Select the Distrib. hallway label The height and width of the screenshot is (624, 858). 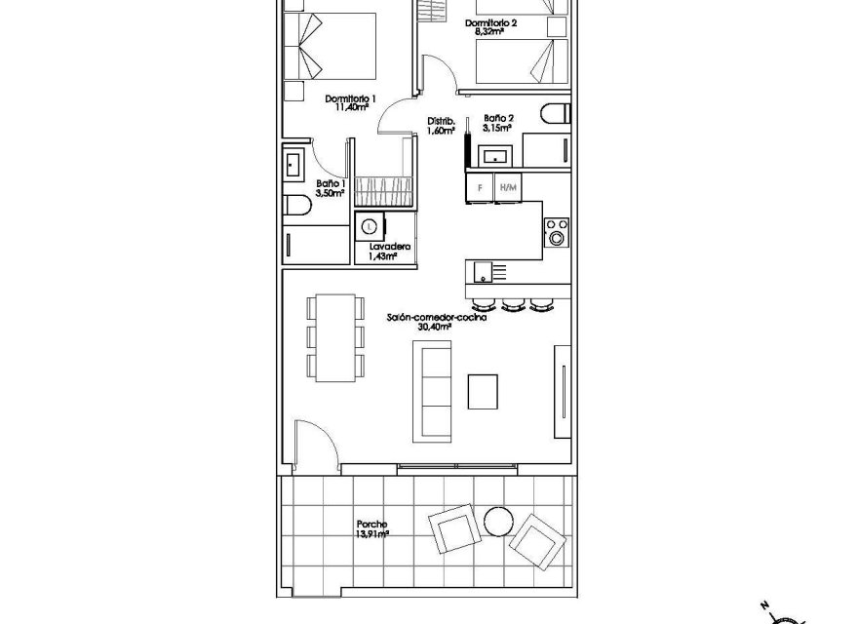tap(442, 122)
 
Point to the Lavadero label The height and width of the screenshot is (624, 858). tap(389, 249)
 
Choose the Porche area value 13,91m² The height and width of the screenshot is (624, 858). tap(372, 535)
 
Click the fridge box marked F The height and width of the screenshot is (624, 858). tap(480, 186)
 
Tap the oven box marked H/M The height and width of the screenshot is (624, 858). tap(507, 186)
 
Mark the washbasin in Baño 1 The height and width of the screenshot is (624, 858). tap(293, 164)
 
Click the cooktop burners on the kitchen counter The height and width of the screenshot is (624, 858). tap(556, 230)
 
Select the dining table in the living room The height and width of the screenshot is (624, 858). tap(335, 337)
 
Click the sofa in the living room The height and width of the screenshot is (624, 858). tap(433, 391)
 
